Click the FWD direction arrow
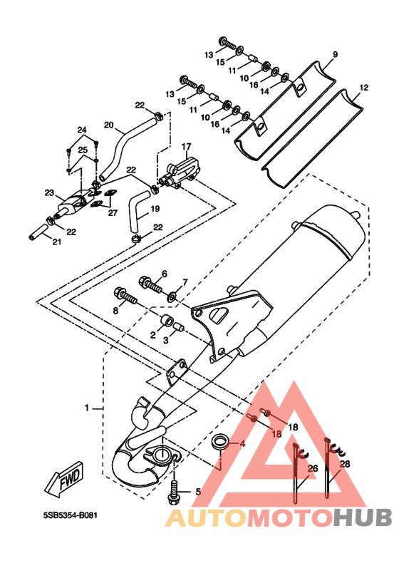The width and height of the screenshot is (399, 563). pos(65,480)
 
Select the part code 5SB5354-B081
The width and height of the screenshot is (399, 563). pos(71,515)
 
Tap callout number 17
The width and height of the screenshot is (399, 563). pos(187,147)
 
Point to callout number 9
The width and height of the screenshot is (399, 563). pos(335,55)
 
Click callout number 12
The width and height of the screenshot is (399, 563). pos(364,88)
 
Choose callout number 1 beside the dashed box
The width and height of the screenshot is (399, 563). pos(86,408)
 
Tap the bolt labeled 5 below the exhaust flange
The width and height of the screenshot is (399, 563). pos(173,492)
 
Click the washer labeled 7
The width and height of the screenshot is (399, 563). pos(172,296)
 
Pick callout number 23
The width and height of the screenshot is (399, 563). pos(49,193)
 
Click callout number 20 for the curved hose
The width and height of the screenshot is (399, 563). pos(109,125)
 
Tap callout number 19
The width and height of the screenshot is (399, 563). pos(155,209)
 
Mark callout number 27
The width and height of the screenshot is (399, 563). pos(113,213)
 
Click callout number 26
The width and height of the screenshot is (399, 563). pos(313,468)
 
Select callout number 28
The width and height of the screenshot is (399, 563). pos(344,464)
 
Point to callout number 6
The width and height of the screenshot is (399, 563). pos(164,274)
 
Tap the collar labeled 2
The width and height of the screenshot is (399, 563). pos(167,321)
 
